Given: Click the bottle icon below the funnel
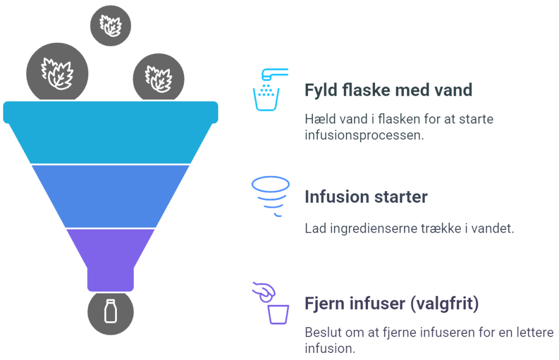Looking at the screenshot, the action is (110, 312).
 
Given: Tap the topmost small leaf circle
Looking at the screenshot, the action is (110, 26).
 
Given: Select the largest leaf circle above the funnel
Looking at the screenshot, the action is (57, 73).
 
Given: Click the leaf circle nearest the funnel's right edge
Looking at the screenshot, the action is (159, 78).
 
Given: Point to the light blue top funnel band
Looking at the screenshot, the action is (110, 132).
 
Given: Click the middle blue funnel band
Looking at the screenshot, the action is (110, 196).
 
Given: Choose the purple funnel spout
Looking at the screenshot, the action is (110, 259).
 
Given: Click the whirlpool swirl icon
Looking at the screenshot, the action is (271, 196).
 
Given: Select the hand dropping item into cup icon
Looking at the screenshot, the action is (271, 303).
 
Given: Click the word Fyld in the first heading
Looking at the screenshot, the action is (321, 90).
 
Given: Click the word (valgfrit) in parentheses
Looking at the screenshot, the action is (444, 304).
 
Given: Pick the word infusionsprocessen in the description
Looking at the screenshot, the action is (364, 135).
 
